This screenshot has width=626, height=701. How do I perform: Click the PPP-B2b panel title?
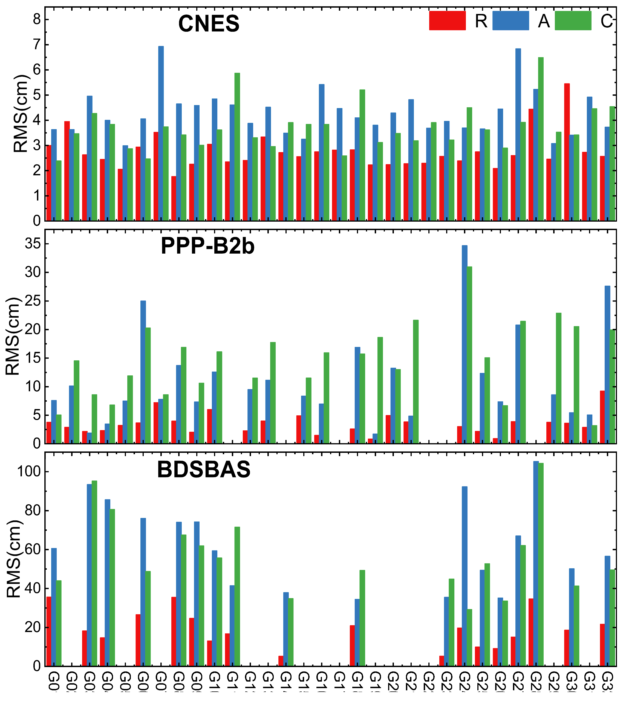tap(207, 246)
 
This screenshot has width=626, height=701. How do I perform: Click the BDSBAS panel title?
tap(204, 469)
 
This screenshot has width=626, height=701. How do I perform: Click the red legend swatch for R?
tap(447, 21)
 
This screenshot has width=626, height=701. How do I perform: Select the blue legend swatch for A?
tap(510, 21)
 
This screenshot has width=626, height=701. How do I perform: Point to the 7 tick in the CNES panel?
tap(36, 45)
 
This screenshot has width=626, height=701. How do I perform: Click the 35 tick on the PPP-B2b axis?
tap(32, 244)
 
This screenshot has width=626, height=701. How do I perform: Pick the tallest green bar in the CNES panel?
tap(541, 139)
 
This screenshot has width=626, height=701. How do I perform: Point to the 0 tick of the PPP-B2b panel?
tap(36, 444)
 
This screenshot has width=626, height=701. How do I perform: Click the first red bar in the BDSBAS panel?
tap(49, 632)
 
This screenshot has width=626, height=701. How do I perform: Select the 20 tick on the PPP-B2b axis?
tap(32, 330)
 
